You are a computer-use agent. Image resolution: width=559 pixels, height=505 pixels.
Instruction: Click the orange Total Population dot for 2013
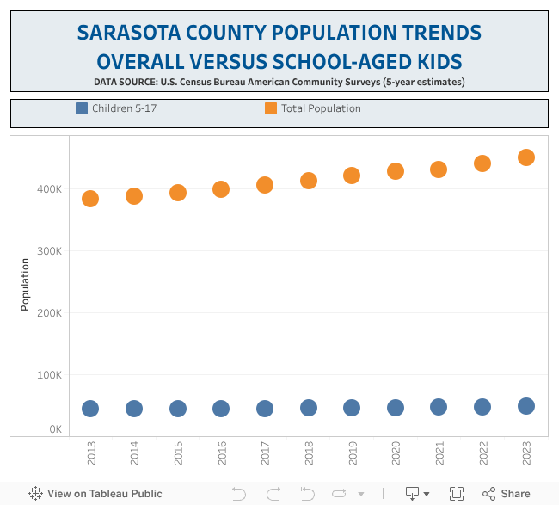click(90, 199)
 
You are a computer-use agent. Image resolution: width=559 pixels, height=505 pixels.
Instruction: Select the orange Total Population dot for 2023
click(526, 157)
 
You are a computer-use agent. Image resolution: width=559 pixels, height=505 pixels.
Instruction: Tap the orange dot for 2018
click(309, 181)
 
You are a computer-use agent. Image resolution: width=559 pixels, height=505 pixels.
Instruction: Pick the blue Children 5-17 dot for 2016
click(221, 409)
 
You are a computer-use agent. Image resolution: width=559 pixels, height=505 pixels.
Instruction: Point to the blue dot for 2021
click(439, 407)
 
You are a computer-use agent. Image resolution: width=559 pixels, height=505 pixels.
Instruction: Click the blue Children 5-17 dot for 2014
click(134, 409)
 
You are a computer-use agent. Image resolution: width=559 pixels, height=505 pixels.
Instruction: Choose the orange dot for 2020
click(396, 171)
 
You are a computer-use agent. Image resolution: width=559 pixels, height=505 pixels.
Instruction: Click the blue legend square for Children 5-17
click(82, 108)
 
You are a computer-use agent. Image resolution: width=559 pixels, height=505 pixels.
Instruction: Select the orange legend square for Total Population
click(271, 108)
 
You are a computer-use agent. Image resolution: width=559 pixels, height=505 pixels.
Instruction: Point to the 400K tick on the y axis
click(49, 189)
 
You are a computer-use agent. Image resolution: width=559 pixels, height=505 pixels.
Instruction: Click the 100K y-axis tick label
click(49, 375)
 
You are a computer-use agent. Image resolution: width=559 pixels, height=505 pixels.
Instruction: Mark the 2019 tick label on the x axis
click(353, 453)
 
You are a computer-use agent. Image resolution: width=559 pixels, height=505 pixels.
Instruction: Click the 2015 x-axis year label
click(178, 453)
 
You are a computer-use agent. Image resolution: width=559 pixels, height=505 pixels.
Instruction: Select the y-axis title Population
click(26, 285)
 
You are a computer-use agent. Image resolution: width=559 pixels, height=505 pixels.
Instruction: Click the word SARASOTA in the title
click(129, 34)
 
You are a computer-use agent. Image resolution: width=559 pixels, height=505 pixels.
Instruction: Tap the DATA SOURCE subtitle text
click(279, 82)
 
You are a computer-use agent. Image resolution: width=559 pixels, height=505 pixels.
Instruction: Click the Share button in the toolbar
click(507, 494)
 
